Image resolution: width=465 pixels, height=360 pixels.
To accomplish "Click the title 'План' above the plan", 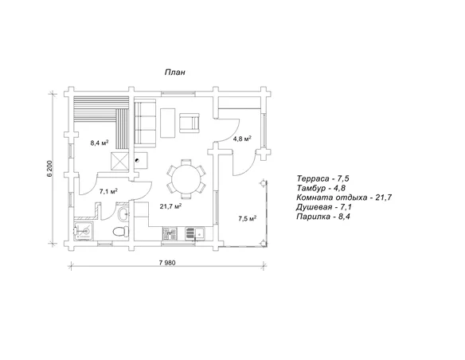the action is coord(175,72).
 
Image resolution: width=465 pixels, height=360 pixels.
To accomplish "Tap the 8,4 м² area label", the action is coord(99,143).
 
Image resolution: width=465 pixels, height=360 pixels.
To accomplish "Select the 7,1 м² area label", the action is coord(108,191).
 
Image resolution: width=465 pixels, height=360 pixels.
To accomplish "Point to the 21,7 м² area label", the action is coord(171,206).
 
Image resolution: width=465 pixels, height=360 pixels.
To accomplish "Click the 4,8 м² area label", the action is coord(242,139).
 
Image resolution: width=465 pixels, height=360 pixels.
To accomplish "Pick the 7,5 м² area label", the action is coord(248,218).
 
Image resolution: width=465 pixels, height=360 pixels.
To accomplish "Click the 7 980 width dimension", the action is coord(167,263).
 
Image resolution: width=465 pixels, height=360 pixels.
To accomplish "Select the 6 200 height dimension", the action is coord(49,169).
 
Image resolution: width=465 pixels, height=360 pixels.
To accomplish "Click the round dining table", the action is coord(186,179).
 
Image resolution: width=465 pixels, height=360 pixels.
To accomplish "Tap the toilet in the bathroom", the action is coord(121,231).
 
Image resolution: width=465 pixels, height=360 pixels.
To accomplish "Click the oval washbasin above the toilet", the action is coord(123,213).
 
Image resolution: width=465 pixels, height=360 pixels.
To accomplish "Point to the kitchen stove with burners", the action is coord(170,234).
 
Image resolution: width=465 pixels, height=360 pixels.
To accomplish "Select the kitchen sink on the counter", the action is coord(195,233).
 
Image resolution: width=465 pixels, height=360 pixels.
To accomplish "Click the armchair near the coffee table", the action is coord(189,123).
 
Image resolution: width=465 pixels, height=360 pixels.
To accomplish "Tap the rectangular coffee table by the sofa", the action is coord(168,123).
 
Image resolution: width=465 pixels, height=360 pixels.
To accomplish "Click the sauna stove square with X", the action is coord(119,162).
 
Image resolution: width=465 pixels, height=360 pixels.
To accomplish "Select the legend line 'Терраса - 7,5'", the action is coord(322,178).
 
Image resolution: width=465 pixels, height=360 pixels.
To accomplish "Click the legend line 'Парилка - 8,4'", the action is coord(323,217).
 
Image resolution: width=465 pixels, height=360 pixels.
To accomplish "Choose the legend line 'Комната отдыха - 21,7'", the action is coord(344,198).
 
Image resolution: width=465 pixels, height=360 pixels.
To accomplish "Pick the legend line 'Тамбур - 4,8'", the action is coord(321,188).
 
